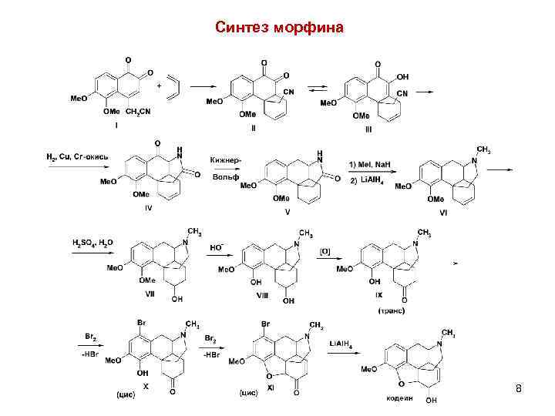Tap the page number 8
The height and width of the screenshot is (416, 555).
519,389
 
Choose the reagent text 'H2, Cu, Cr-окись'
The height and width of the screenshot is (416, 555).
78,157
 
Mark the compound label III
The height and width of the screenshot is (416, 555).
368,129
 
